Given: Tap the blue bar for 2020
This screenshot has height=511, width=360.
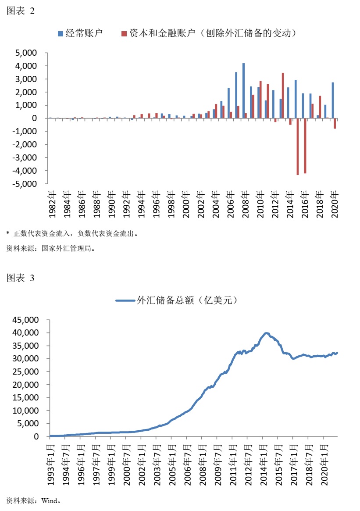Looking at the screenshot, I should (x=332, y=100).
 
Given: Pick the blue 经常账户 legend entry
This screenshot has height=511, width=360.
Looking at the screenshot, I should (x=81, y=33).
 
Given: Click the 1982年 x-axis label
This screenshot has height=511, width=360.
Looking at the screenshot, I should (x=53, y=204).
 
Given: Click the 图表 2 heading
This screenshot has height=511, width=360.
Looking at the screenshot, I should (x=20, y=12).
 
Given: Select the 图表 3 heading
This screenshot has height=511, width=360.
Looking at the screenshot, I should (x=20, y=278).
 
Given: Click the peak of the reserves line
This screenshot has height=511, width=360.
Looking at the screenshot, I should (x=266, y=333).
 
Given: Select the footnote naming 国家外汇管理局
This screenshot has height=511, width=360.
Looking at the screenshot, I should (x=51, y=248).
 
